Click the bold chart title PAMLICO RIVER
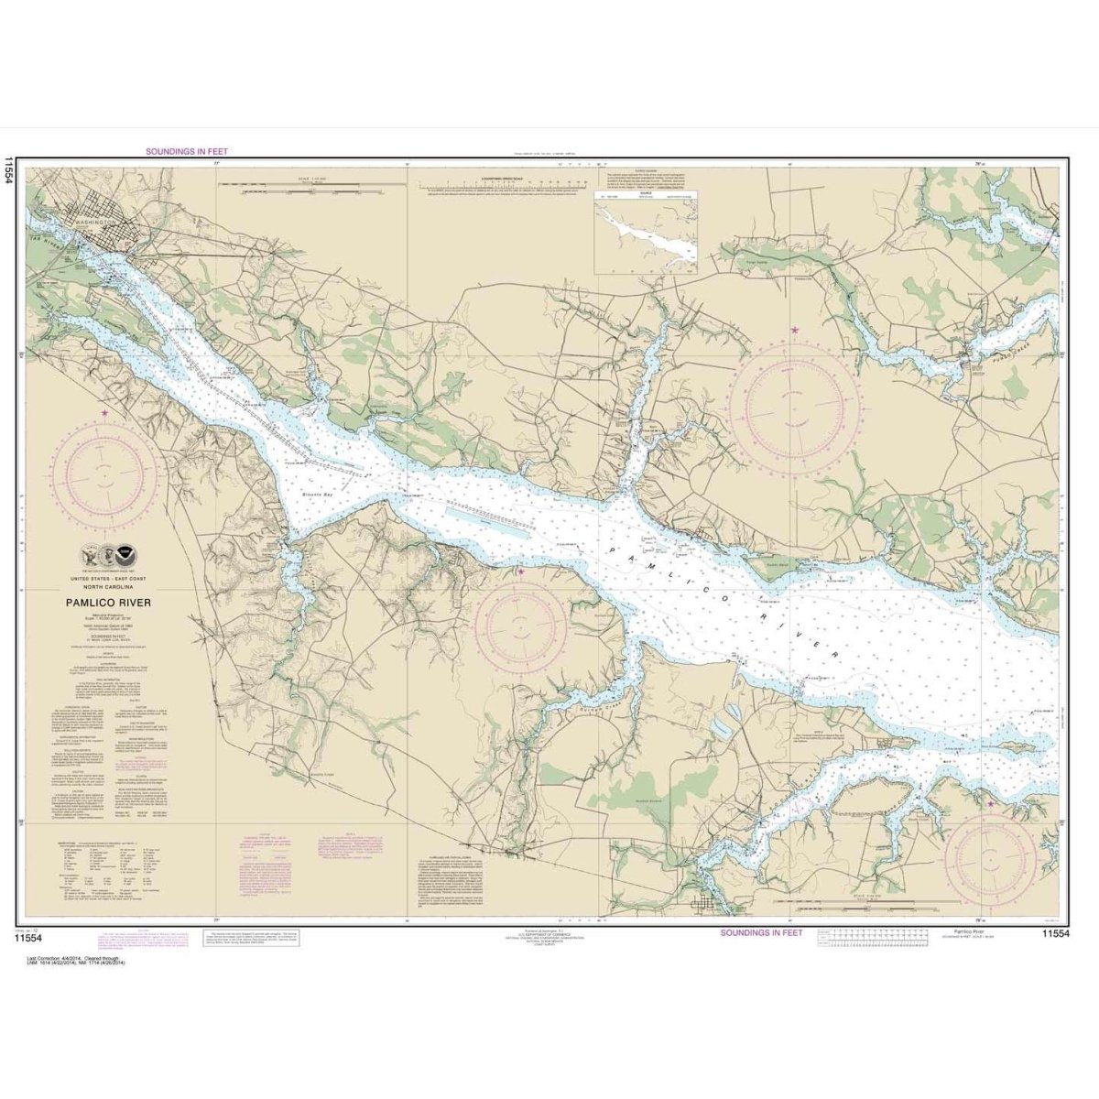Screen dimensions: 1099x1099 (108, 603)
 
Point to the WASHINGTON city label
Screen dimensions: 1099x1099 (93, 223)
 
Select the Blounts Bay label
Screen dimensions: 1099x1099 (319, 495)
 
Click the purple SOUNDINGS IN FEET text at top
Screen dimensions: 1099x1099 (187, 152)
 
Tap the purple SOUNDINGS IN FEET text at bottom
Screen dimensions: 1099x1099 (760, 932)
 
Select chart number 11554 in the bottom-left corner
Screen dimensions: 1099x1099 (29, 935)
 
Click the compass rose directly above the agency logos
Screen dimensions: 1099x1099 (108, 473)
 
